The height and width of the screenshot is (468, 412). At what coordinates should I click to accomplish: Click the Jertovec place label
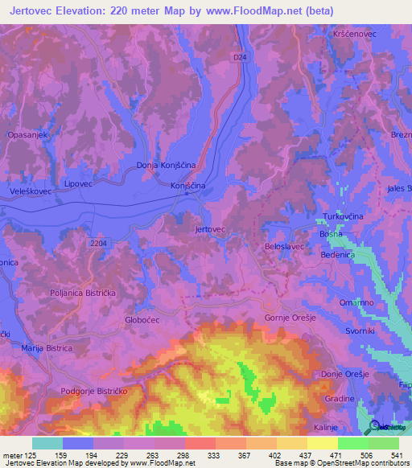click(x=210, y=229)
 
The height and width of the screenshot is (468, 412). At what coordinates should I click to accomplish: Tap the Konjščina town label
click(x=188, y=186)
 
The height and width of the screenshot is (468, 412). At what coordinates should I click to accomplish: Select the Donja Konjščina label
click(x=166, y=166)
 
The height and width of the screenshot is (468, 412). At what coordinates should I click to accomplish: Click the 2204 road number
click(x=98, y=243)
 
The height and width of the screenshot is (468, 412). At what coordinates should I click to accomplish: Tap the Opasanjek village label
click(x=29, y=136)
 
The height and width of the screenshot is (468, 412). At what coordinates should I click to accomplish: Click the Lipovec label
click(x=79, y=183)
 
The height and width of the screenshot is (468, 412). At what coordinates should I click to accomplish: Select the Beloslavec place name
click(x=284, y=247)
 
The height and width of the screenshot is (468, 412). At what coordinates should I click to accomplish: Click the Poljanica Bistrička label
click(x=83, y=294)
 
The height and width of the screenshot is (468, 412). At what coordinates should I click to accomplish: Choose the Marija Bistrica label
click(x=47, y=348)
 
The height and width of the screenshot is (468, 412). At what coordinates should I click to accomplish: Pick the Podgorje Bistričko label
click(x=95, y=391)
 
